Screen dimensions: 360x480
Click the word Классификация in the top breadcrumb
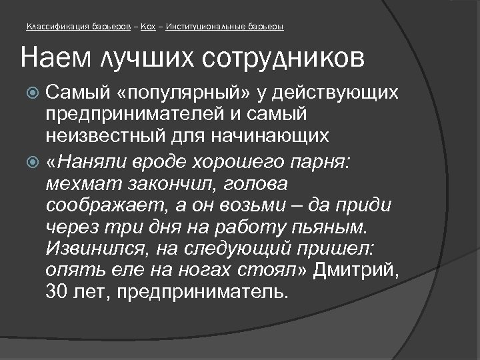coord(55,27)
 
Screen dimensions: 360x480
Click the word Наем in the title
coord(49,59)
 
